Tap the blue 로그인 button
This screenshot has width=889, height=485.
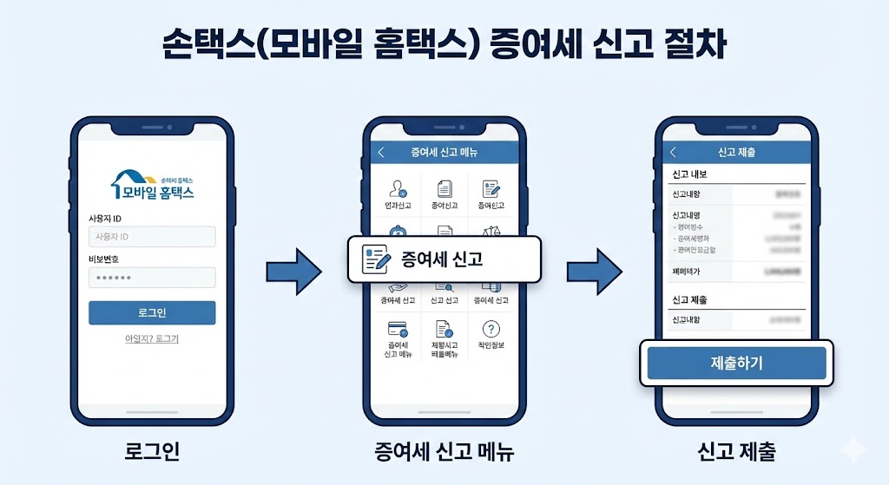click(x=152, y=312)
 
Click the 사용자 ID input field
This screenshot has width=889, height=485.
click(x=152, y=237)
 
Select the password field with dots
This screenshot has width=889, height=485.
click(x=152, y=278)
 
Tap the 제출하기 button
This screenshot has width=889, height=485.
click(x=736, y=363)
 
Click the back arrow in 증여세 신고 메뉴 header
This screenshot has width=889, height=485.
click(x=380, y=153)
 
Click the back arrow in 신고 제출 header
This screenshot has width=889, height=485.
click(x=673, y=153)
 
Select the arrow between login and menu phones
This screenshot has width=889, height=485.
click(x=293, y=272)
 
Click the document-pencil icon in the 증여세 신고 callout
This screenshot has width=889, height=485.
click(x=375, y=259)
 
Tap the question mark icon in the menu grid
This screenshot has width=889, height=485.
click(x=491, y=329)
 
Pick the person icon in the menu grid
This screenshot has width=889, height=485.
click(x=398, y=188)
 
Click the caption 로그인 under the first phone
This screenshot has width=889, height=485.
click(x=152, y=451)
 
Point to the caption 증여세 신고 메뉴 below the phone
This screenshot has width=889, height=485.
click(x=444, y=451)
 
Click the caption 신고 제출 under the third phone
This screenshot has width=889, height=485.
click(x=736, y=451)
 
